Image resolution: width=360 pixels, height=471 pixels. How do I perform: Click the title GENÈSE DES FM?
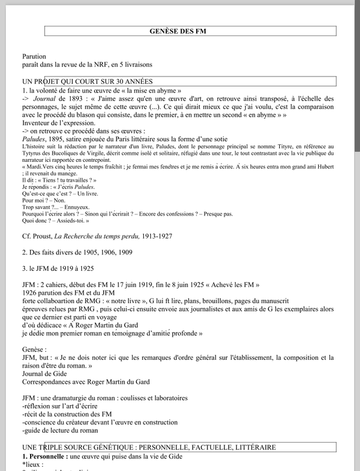(x=180, y=31)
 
